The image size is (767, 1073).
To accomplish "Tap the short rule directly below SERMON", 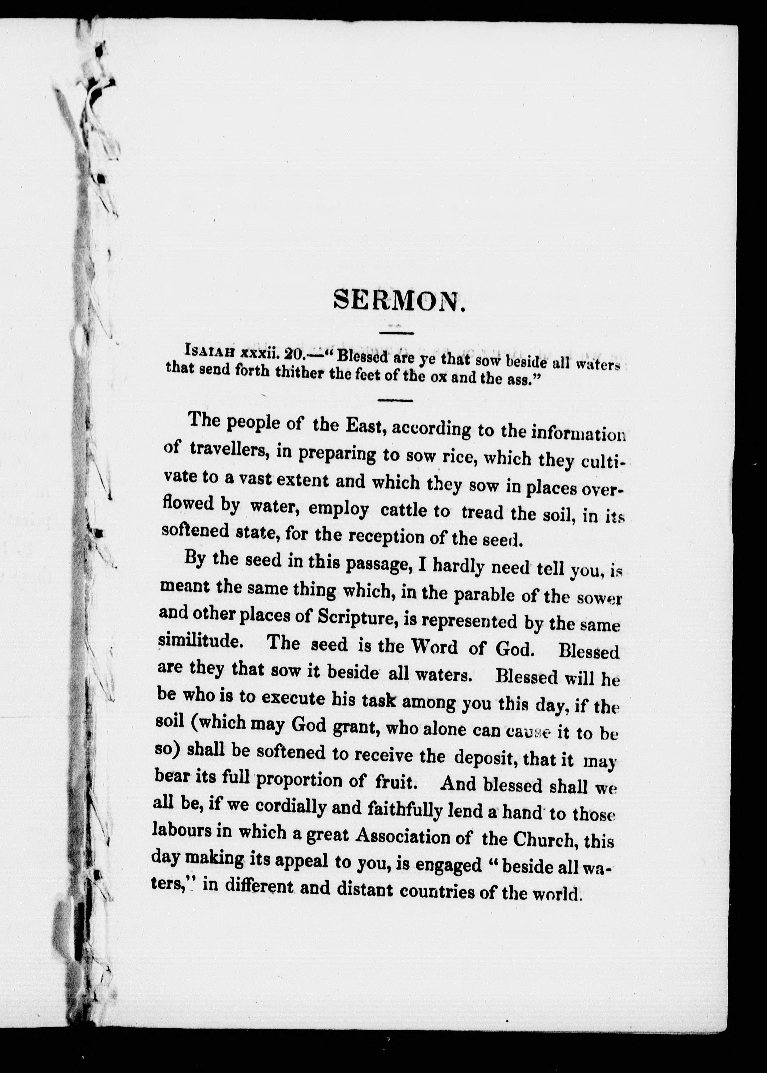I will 397,333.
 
